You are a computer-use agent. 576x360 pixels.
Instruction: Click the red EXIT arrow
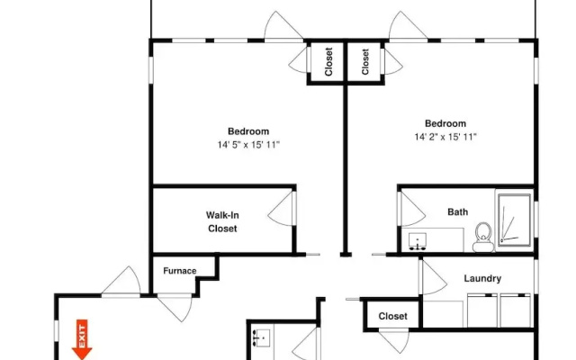[82, 339]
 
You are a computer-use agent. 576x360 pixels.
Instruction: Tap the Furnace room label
[180, 271]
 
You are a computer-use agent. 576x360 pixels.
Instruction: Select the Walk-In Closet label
[222, 222]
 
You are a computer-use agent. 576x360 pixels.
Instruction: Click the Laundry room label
[482, 278]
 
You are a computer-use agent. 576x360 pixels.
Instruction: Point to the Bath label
[458, 212]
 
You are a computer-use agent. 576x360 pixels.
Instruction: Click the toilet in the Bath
[483, 237]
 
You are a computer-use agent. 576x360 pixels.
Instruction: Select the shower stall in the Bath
[514, 220]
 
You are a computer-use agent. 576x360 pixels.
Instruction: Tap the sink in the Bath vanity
[418, 241]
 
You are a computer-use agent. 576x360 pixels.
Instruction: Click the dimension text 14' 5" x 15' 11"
[248, 145]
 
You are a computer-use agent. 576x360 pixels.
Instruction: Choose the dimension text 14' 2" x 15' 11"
[445, 137]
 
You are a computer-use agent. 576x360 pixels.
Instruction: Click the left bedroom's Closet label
[328, 62]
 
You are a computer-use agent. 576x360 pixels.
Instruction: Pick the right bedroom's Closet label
[365, 62]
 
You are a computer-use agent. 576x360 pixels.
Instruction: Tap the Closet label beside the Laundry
[392, 316]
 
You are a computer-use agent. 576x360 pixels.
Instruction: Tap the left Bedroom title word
[248, 131]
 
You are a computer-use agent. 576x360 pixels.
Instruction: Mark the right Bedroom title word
[445, 123]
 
